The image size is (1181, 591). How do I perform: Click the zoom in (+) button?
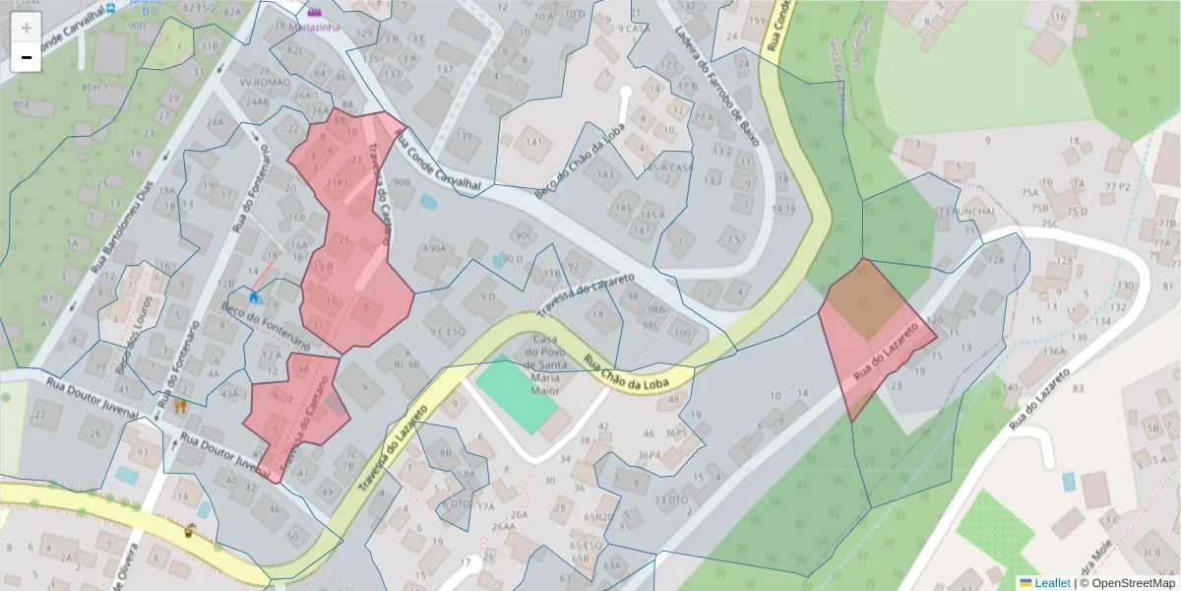[27, 28]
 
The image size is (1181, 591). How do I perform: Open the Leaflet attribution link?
[1052, 583]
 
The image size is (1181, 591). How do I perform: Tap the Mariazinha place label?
[315, 27]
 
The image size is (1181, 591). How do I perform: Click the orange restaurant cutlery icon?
[179, 405]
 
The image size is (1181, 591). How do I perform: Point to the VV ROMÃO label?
[265, 82]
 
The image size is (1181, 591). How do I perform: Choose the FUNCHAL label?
[974, 211]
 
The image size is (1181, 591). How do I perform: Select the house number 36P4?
[649, 455]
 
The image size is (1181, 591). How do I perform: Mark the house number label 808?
[20, 104]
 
